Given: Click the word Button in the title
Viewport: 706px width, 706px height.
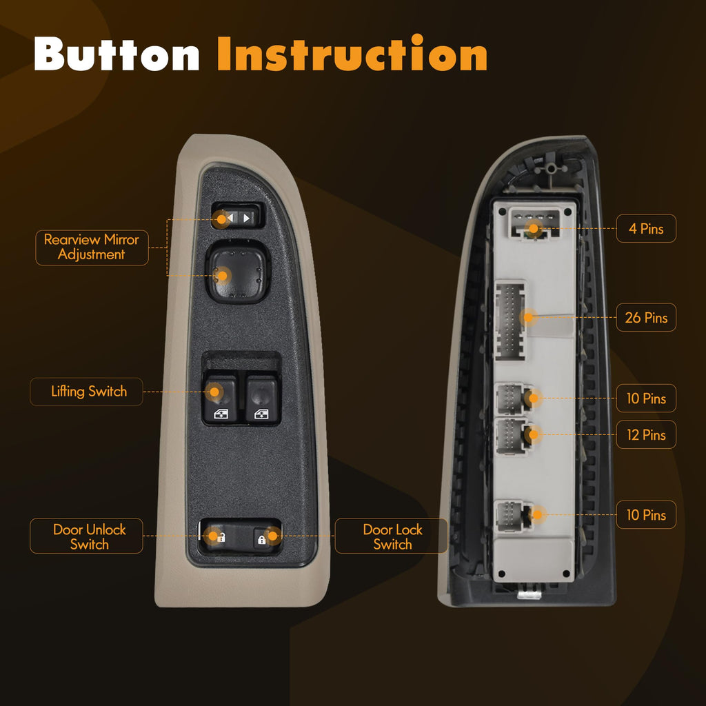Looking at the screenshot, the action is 117,54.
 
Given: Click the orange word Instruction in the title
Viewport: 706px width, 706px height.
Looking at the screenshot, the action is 352,53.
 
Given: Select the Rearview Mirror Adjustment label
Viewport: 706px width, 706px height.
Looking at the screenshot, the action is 92,248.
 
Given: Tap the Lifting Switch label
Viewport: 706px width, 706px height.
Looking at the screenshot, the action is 86,392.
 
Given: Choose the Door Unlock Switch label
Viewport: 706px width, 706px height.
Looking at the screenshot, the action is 86,536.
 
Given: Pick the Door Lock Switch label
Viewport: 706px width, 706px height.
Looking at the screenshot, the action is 392,536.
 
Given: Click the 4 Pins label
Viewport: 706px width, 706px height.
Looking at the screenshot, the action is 646,229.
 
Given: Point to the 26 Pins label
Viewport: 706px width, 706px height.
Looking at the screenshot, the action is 646,317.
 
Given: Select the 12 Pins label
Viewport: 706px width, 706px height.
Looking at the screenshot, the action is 646,434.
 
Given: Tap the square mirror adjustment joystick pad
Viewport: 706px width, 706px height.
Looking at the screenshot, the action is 238,271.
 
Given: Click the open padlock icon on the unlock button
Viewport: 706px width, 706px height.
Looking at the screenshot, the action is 221,537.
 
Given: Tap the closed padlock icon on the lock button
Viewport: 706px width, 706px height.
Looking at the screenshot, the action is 261,539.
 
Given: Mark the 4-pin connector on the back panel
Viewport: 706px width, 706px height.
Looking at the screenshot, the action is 534,223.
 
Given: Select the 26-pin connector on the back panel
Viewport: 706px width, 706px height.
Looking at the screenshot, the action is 510,320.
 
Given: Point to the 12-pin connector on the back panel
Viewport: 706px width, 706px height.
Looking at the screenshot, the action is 512,436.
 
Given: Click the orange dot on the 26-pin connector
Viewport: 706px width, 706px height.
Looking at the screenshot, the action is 529,317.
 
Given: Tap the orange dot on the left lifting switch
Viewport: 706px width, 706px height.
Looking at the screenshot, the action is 214,392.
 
